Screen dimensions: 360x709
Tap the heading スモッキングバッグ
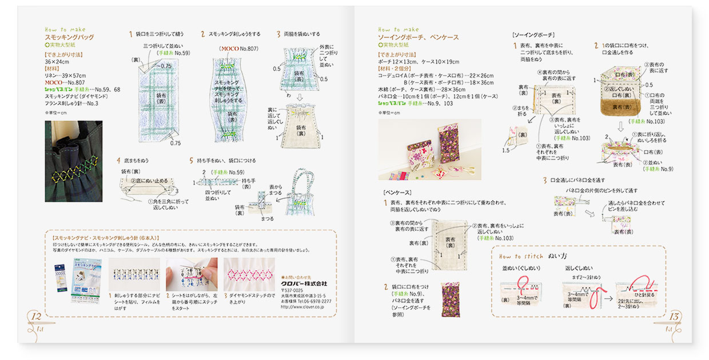[x=69, y=37]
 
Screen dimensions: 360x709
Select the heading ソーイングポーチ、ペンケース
[x=418, y=37]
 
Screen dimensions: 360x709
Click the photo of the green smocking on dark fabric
[x=73, y=161]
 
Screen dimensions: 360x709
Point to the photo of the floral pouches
[x=429, y=149]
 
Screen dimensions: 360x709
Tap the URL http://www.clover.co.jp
[x=302, y=307]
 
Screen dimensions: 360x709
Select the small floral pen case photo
[x=451, y=299]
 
